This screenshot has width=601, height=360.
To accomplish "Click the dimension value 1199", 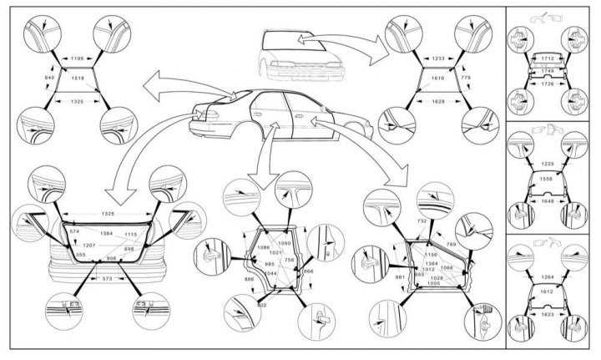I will click(x=78, y=59).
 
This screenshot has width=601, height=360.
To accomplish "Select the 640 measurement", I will click(x=49, y=78).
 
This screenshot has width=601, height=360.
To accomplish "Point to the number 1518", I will click(x=78, y=78).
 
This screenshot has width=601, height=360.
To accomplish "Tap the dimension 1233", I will click(x=432, y=59).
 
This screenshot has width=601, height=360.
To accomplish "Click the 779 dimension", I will click(x=465, y=78).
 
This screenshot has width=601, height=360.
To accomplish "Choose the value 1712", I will click(x=548, y=58).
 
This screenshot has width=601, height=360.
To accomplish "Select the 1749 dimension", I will click(x=548, y=72).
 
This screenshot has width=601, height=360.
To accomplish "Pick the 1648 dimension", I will click(x=548, y=201).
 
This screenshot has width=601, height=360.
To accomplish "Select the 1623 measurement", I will click(x=548, y=317).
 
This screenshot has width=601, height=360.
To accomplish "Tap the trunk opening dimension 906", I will click(x=112, y=259).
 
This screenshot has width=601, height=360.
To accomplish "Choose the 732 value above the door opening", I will click(x=422, y=221).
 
